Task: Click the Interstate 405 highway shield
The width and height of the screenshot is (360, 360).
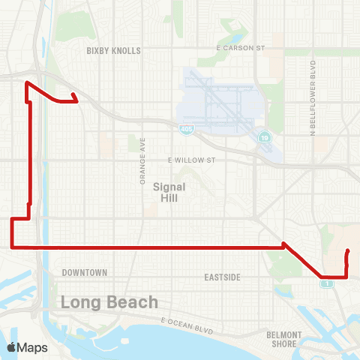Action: tap(184, 130)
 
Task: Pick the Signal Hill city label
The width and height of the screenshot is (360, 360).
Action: tap(163, 193)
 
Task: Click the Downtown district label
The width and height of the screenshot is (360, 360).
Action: tap(85, 272)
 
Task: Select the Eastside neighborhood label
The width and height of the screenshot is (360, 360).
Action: tap(223, 277)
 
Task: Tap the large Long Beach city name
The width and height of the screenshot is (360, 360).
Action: tap(109, 302)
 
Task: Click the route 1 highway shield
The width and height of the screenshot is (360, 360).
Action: tap(327, 283)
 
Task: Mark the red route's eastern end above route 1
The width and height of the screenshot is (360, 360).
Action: tap(347, 250)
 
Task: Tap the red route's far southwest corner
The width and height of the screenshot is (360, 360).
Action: tap(12, 245)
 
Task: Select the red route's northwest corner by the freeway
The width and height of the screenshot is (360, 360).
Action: tap(27, 82)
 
